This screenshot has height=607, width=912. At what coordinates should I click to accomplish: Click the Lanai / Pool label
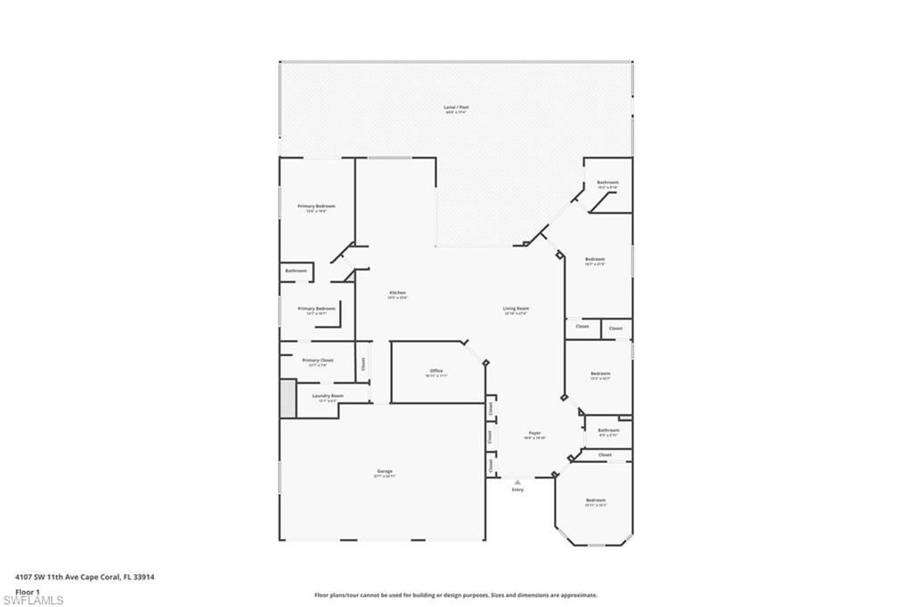[456, 108]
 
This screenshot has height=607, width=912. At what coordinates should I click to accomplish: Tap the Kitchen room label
[397, 293]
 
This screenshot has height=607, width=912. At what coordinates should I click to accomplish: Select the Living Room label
[516, 309]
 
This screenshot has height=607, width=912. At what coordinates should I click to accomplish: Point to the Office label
[436, 371]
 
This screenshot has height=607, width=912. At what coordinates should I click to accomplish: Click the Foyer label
[533, 433]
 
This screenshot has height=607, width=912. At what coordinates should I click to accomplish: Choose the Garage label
[384, 472]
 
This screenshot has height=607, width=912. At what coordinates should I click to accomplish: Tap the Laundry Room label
[327, 396]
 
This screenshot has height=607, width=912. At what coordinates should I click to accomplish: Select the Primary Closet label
[317, 360]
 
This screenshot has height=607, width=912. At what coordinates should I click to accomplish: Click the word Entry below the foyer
[517, 490]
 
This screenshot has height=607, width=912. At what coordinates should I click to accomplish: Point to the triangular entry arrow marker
[517, 482]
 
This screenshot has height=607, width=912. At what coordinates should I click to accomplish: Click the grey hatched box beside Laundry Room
[288, 398]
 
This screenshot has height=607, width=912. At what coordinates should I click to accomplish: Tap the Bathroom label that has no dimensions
[296, 271]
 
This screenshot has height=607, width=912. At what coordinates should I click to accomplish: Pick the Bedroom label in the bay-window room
[595, 500]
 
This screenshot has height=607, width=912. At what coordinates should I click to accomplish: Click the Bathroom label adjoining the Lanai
[607, 182]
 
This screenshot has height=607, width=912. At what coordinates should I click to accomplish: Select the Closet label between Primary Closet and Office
[362, 363]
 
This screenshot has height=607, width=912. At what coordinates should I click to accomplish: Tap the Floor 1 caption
[28, 591]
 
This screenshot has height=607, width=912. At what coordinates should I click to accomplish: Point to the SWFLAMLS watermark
[33, 600]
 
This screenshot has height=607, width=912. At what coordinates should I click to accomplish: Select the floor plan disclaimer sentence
[455, 595]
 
